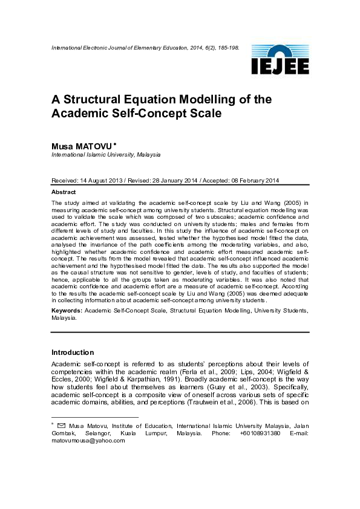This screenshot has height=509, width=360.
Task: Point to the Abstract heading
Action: click(x=64, y=192)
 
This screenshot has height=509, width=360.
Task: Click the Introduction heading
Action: click(x=73, y=352)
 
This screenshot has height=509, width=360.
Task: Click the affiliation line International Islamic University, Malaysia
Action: click(x=106, y=155)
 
